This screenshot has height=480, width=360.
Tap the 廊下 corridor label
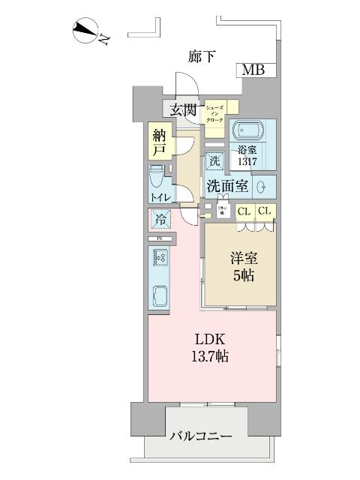[x=201, y=55]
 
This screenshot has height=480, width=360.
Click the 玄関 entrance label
[x=184, y=109]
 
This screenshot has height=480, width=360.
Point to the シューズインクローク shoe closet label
[x=215, y=112]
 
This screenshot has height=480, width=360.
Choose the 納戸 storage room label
[x=159, y=142]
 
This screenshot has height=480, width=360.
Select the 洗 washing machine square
[x=214, y=160]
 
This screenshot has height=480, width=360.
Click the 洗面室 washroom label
[x=227, y=186]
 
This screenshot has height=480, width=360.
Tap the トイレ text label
[x=160, y=197]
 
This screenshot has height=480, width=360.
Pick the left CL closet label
[x=244, y=211]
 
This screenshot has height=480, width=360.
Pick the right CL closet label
[x=265, y=211]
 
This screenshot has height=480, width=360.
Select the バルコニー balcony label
[x=200, y=436]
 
